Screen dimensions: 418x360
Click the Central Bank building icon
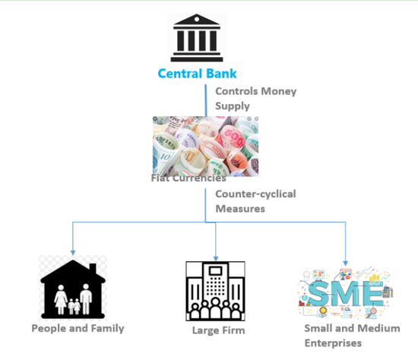tap(197, 37)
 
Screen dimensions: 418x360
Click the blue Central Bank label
tap(197, 74)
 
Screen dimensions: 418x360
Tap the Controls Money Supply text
tap(255, 98)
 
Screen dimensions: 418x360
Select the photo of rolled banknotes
tap(205, 146)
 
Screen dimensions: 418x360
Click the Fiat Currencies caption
tap(188, 178)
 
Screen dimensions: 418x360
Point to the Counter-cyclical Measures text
tap(255, 201)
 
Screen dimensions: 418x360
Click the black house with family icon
tap(73, 289)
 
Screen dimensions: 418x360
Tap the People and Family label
tap(78, 328)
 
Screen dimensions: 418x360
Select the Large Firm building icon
tap(215, 291)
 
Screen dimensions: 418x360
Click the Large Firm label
tap(219, 330)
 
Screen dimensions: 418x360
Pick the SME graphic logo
tap(345, 292)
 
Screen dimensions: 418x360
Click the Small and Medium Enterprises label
tap(352, 336)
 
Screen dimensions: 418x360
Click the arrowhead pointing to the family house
tap(73, 253)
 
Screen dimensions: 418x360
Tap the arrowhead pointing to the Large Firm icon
tap(216, 258)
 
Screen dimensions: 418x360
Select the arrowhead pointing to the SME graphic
tap(346, 264)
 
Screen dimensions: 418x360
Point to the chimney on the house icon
tap(93, 269)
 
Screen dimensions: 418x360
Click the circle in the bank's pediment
tap(197, 19)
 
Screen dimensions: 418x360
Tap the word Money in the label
tap(279, 91)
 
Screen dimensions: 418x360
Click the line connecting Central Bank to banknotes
tap(205, 100)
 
